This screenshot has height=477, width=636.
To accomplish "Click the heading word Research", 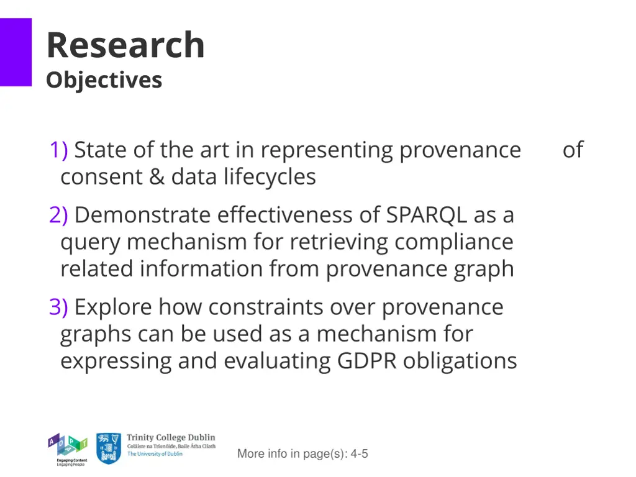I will click(x=125, y=45).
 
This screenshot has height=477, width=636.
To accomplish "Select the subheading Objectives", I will click(x=104, y=80).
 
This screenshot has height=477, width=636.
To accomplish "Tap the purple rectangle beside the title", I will click(x=16, y=52).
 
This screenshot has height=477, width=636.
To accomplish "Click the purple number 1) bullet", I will click(x=59, y=150).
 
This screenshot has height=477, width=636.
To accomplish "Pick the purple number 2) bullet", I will click(x=59, y=216).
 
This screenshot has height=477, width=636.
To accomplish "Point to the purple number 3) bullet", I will click(x=59, y=307).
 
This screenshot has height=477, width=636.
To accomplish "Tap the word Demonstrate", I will click(x=142, y=216).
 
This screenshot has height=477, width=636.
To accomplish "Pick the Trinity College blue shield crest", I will click(x=109, y=448).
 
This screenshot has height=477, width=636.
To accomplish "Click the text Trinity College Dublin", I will click(x=171, y=438).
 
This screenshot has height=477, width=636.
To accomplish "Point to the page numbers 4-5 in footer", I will click(x=359, y=454).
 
